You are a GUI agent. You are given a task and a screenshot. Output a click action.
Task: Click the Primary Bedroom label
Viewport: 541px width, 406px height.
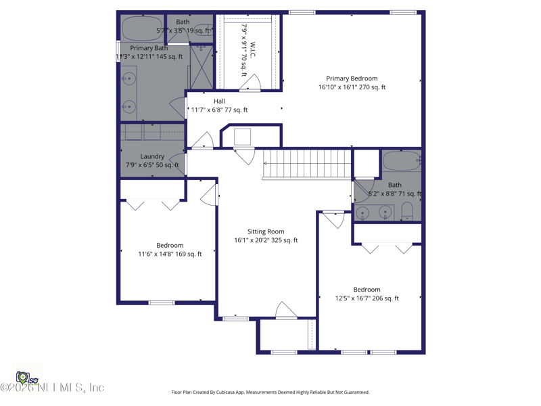[352, 78]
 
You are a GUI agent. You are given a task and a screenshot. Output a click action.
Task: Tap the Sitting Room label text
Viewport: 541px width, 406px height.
[266, 231]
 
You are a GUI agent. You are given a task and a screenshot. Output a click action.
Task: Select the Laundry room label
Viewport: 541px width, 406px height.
[152, 156]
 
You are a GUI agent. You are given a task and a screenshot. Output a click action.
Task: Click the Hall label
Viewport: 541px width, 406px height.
[219, 101]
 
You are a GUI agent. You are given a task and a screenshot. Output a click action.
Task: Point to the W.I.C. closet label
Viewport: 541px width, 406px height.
[252, 52]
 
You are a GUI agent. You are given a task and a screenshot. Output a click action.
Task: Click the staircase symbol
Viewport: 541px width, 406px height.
[308, 164]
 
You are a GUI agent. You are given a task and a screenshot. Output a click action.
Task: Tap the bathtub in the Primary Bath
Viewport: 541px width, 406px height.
[141, 28]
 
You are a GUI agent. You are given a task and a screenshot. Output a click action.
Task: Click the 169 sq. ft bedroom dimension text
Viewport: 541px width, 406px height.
[170, 254]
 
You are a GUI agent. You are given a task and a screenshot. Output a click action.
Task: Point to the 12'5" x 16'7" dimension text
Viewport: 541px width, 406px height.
[367, 298]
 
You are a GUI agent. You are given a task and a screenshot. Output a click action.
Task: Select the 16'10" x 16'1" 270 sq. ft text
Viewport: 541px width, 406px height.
[352, 87]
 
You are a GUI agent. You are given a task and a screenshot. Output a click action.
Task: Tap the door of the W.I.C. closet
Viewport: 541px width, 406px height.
[251, 83]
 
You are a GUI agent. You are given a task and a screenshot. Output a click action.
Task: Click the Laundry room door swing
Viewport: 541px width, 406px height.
[175, 164]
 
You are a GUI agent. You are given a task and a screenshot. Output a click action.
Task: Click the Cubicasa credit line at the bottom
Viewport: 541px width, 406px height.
[270, 392]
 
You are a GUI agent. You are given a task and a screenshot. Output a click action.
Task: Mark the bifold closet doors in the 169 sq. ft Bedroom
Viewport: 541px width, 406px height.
[152, 204]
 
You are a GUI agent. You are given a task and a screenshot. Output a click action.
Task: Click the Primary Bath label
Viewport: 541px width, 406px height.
[149, 48]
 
